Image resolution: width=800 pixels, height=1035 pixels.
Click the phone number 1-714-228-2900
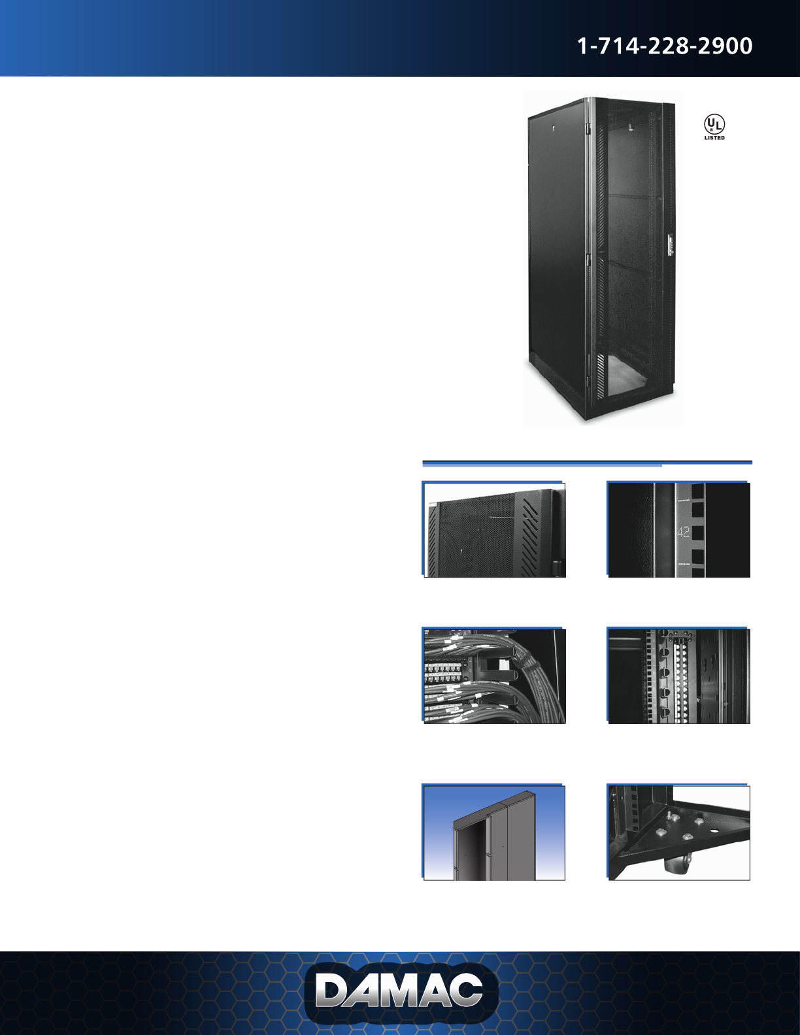[665, 46]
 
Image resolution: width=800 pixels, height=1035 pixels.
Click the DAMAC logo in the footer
[400, 993]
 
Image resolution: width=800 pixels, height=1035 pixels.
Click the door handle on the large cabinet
[669, 246]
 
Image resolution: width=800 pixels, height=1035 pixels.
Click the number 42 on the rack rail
[684, 532]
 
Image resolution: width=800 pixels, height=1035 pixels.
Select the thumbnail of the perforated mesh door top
[494, 530]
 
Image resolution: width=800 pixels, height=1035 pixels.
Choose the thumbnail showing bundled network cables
[494, 676]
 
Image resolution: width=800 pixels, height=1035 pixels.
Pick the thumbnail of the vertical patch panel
[678, 676]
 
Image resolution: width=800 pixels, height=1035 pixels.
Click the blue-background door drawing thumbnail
[494, 832]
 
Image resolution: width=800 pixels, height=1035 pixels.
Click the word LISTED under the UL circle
[714, 138]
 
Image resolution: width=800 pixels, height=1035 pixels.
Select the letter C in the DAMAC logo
[465, 991]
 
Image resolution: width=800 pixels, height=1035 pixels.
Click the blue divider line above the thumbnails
[587, 463]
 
